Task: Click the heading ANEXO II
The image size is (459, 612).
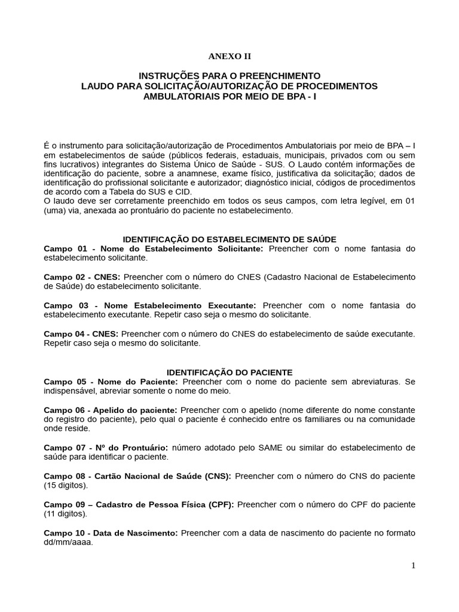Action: click(x=229, y=57)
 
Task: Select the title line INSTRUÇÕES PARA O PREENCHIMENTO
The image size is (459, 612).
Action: click(x=229, y=76)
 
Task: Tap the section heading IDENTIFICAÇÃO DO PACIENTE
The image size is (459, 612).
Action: click(x=229, y=372)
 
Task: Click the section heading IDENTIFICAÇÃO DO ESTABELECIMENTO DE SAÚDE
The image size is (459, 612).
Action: click(x=229, y=239)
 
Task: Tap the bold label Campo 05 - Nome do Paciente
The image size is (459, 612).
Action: click(x=111, y=381)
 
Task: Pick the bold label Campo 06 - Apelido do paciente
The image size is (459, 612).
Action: click(x=111, y=410)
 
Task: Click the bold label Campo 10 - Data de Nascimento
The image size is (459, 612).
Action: click(x=111, y=533)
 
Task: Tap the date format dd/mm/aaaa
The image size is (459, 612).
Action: click(x=69, y=543)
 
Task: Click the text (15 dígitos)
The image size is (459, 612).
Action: click(x=66, y=485)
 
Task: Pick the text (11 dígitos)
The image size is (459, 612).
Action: click(x=66, y=514)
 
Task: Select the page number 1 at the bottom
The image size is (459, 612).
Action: click(x=413, y=566)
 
